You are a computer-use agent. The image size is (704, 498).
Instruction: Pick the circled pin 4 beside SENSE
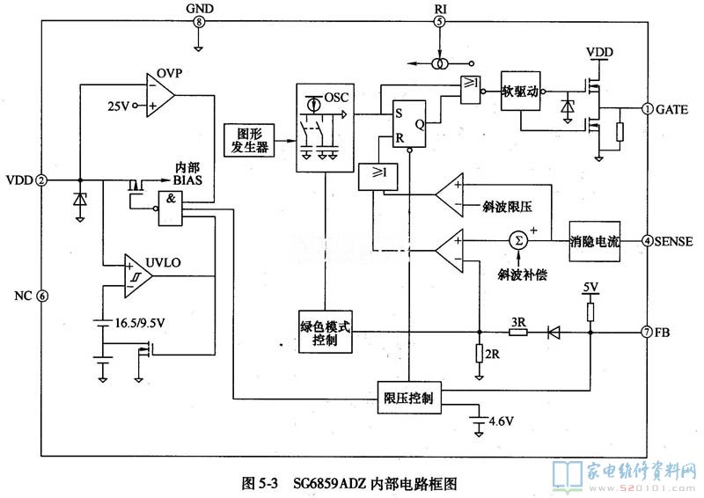pos(647,240)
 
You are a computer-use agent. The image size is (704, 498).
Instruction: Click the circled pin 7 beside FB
pos(647,333)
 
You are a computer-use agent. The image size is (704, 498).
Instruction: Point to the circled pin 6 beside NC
pos(41,296)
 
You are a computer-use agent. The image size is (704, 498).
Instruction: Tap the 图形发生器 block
pos(248,139)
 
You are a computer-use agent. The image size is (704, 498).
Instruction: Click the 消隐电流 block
pos(594,240)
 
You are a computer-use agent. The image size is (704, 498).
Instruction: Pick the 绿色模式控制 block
pos(325,333)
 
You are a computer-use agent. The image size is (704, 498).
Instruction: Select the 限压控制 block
pos(408,397)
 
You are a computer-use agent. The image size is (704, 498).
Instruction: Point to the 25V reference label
pos(118,106)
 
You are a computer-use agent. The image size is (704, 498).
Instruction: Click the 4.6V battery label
pos(500,420)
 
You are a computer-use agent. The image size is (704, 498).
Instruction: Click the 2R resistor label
pos(492,355)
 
